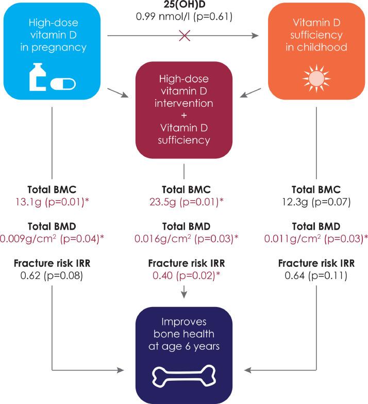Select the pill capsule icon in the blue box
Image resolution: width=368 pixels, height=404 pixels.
[x=66, y=82]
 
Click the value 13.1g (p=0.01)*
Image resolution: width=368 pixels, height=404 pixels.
[x=52, y=201]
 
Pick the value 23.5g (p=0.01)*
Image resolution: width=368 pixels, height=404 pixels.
[x=184, y=201]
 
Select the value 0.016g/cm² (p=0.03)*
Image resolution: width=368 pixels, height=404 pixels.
[x=184, y=239]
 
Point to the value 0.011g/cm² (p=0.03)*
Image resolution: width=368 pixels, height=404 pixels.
[x=315, y=239]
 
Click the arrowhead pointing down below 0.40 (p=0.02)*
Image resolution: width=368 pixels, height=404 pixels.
[x=184, y=294]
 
